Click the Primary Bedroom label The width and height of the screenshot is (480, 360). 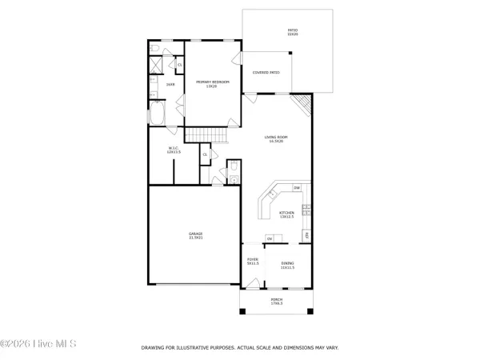click(x=213, y=83)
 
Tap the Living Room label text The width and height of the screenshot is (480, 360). click(x=277, y=139)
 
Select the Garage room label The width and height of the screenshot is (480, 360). click(x=195, y=235)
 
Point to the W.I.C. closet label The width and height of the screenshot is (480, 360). click(x=174, y=149)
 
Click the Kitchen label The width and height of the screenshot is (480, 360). click(x=286, y=214)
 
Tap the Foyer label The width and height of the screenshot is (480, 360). click(x=253, y=262)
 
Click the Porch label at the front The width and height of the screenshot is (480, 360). click(x=276, y=301)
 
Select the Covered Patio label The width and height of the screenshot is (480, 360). click(x=266, y=73)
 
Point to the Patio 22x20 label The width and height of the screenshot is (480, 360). click(x=293, y=33)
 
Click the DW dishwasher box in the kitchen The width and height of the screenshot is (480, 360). click(x=297, y=188)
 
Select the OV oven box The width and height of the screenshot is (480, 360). click(x=270, y=238)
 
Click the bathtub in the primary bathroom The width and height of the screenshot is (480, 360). click(x=158, y=114)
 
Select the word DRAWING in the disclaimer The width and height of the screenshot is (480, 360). click(x=154, y=347)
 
